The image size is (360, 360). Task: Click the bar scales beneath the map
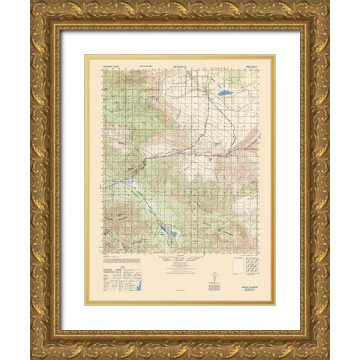pos(180,266)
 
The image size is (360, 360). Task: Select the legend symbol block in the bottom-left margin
pos(112,277)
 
